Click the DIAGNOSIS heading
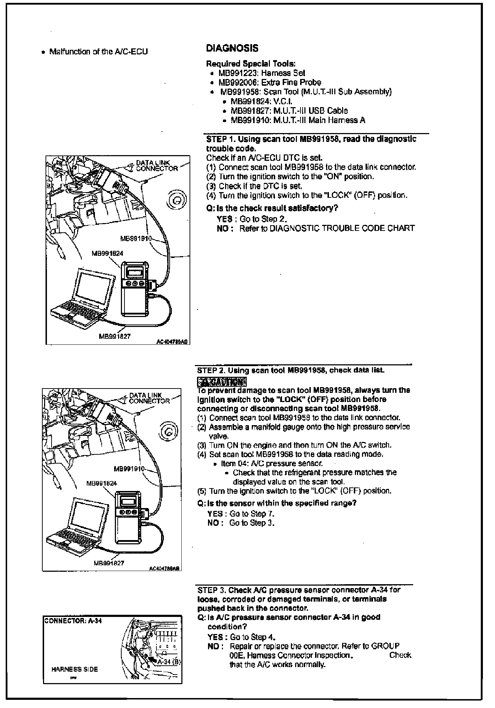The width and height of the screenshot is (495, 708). click(232, 48)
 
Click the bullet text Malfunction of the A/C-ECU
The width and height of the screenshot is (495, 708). click(98, 52)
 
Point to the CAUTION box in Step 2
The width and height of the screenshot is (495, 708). click(222, 382)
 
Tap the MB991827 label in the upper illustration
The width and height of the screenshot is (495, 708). click(115, 336)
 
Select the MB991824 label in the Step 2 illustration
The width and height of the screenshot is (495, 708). click(102, 483)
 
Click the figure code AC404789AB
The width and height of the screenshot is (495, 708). click(165, 568)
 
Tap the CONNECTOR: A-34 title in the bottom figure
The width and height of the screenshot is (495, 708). click(73, 621)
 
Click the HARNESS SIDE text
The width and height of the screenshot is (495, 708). click(74, 669)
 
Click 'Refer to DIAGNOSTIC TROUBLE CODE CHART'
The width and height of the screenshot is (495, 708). click(327, 228)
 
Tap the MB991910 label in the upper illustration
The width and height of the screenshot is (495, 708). click(136, 238)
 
